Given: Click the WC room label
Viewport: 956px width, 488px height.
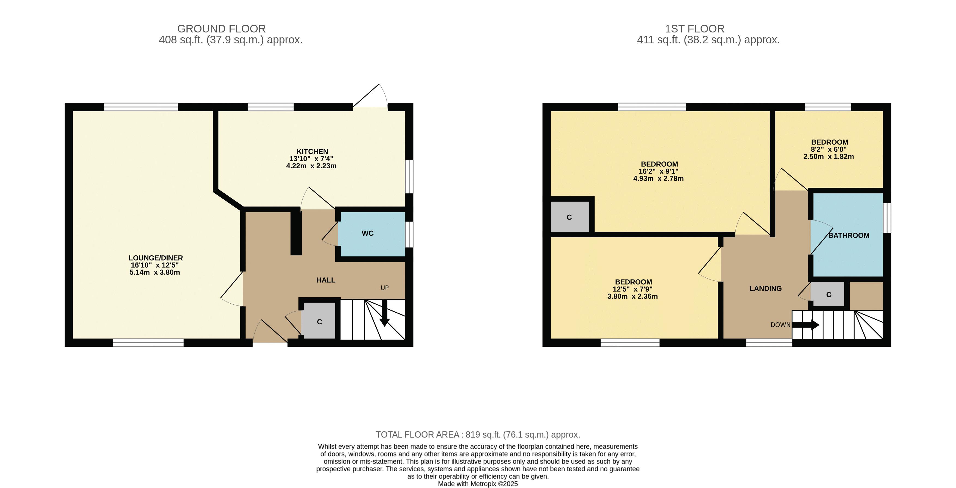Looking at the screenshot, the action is pos(367,233).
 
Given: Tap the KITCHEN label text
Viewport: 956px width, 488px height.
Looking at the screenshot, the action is pos(312,151).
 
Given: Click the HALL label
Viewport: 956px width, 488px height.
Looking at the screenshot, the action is pos(326,280).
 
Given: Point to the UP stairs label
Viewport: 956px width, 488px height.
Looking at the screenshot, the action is pos(384,288).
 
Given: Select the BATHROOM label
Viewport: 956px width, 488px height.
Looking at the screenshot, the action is pos(849,235).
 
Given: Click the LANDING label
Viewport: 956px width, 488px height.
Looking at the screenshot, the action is pos(765,289).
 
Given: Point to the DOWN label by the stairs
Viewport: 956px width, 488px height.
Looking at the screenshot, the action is pos(780,325).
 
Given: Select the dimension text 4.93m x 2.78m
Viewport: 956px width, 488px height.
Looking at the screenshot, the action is pos(658,179).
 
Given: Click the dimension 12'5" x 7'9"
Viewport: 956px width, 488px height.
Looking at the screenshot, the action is pos(632,289).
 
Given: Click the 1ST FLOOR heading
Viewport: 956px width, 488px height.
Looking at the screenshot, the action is pos(694,29).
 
